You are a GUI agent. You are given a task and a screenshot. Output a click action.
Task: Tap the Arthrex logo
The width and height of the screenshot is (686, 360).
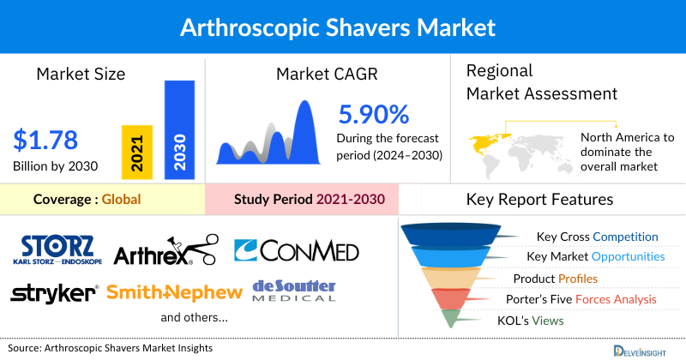click(163, 249)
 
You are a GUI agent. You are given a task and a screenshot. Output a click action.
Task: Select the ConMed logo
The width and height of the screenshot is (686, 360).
click(296, 250)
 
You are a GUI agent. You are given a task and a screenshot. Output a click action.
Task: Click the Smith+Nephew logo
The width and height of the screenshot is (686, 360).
click(175, 293)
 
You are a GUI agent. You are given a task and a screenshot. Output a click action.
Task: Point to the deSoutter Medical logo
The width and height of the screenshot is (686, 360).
click(293, 291)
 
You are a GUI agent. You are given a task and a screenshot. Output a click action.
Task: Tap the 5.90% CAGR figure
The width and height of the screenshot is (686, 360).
click(374, 114)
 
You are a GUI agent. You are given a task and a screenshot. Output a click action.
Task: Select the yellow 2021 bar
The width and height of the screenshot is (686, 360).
click(137, 151)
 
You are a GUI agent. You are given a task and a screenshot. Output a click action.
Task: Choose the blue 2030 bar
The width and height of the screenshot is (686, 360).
click(179, 129)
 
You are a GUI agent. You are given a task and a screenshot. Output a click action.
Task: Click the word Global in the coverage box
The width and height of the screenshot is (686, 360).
click(121, 200)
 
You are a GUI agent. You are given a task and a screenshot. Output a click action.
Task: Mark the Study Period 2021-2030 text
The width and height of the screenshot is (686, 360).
click(309, 200)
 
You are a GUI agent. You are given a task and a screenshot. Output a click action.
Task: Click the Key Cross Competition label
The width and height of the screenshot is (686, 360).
click(597, 236)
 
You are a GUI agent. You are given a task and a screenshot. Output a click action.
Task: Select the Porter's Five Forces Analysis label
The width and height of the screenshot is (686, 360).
click(585, 299)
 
